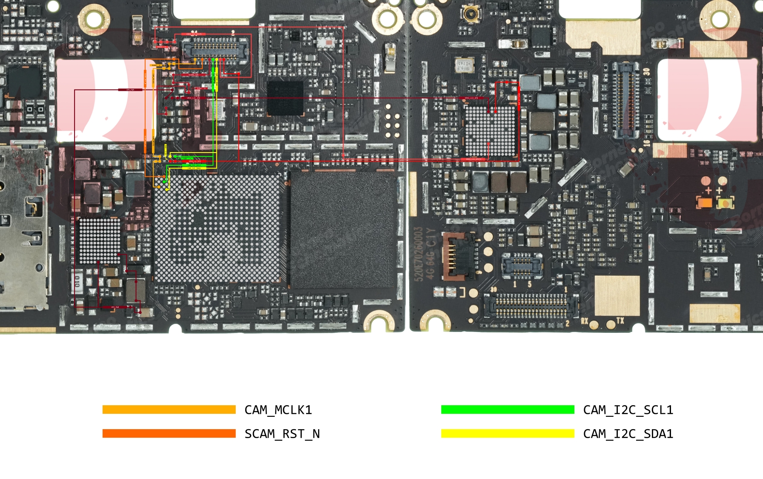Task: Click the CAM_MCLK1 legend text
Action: click(x=278, y=410)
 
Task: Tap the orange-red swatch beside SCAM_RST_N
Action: click(x=169, y=433)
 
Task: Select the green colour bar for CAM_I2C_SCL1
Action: click(x=508, y=410)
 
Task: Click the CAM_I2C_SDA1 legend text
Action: click(x=628, y=434)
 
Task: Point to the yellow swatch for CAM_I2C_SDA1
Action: click(x=508, y=433)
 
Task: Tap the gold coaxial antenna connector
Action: click(x=471, y=14)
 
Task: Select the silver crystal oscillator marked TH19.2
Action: click(x=464, y=65)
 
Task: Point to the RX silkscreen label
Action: click(x=585, y=320)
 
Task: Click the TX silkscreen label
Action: click(x=620, y=320)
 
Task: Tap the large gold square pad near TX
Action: click(x=617, y=295)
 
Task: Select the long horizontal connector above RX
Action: click(x=531, y=306)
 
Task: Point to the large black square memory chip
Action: click(x=343, y=229)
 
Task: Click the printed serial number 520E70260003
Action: click(x=419, y=254)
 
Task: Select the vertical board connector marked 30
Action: click(x=625, y=101)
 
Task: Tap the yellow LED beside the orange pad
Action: click(x=726, y=203)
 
